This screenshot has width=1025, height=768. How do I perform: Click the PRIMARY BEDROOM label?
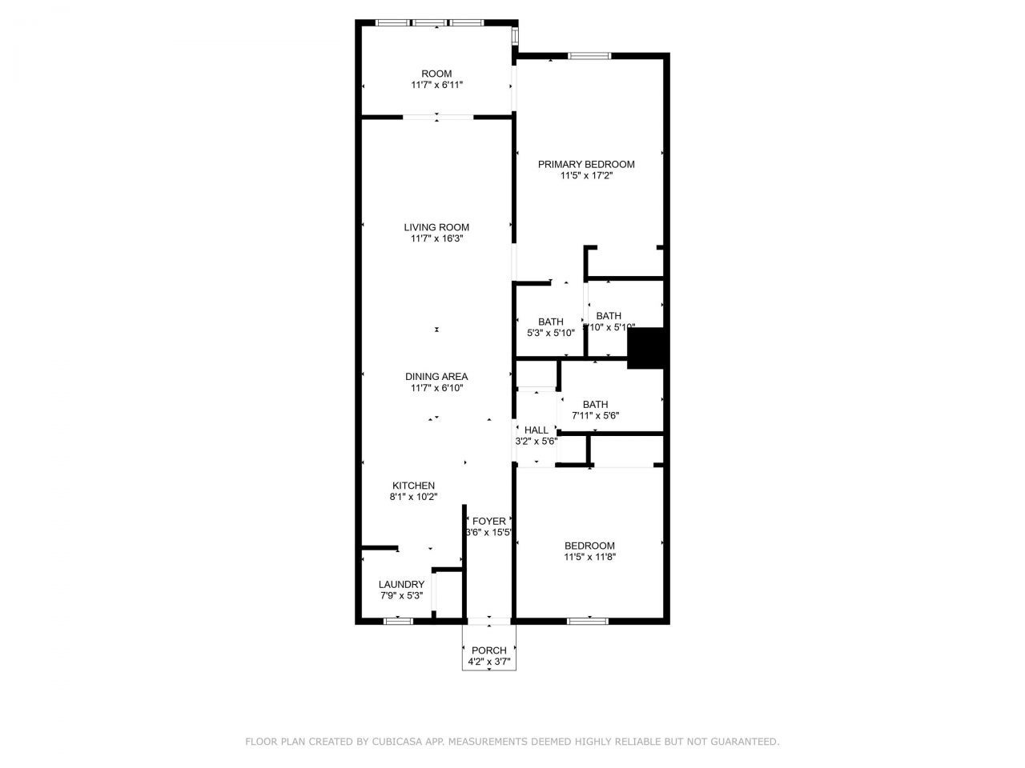click(586, 164)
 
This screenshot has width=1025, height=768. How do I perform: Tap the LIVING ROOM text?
click(436, 227)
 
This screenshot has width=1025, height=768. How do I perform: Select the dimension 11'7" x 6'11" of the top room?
click(436, 85)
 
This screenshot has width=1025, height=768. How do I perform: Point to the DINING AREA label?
click(436, 377)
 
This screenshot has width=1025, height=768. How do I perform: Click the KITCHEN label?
click(413, 486)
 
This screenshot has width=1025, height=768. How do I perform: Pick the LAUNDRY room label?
click(401, 585)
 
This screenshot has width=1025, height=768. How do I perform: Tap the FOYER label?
click(488, 522)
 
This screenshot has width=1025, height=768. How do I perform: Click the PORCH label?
click(488, 650)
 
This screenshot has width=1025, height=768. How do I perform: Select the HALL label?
click(537, 430)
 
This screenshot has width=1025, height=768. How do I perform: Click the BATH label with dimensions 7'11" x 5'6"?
click(595, 404)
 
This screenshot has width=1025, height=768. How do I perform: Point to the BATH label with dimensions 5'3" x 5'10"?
click(550, 322)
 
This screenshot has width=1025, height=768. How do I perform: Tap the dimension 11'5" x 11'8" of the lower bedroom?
click(589, 557)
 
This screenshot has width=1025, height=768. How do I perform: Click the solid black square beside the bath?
click(647, 349)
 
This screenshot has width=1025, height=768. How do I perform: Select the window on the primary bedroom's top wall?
click(589, 55)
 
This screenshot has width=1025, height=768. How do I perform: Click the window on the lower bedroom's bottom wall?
click(588, 620)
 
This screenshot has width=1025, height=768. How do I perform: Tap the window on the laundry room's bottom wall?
click(397, 620)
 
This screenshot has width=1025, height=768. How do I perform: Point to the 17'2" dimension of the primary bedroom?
click(601, 175)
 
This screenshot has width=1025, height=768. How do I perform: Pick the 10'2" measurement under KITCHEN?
click(425, 497)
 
